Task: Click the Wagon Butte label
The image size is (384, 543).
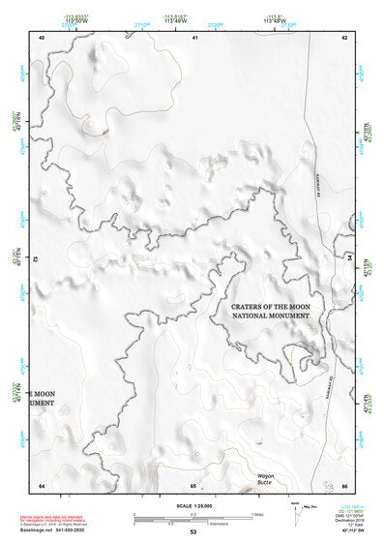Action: click(x=266, y=477)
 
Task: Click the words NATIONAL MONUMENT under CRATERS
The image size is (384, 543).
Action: click(x=270, y=316)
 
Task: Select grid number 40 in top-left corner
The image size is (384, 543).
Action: click(x=42, y=37)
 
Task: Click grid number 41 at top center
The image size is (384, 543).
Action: click(x=194, y=37)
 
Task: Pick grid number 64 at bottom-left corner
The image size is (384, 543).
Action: click(x=42, y=485)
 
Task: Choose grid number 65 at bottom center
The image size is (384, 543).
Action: click(x=193, y=485)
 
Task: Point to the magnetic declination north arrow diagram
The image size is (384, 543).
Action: click(x=294, y=515)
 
